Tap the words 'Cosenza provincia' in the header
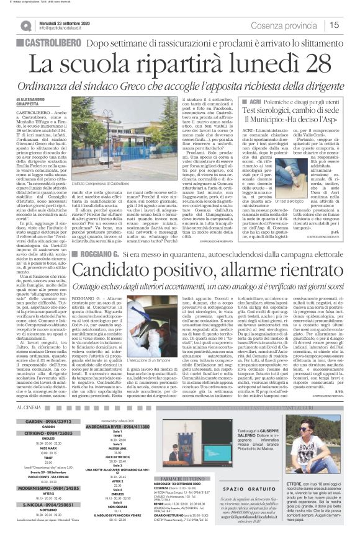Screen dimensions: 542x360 [x=304, y=25]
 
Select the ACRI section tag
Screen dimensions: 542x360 [x=254, y=100]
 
